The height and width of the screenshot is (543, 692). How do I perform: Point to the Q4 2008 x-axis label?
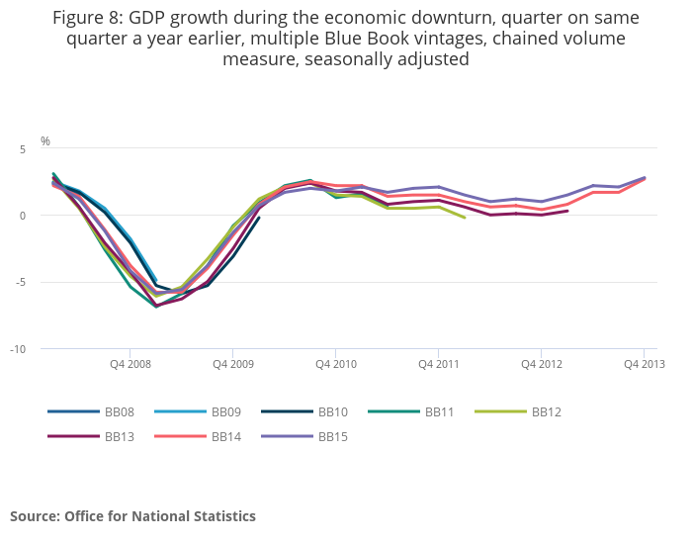tap(130, 364)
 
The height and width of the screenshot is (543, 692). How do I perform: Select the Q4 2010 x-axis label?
tap(335, 364)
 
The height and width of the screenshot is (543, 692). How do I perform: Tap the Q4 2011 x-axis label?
tap(438, 364)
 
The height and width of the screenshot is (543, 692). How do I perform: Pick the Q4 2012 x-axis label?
tap(541, 364)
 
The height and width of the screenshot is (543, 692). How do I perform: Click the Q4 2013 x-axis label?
tap(644, 364)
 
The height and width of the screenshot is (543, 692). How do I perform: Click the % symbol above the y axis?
tap(45, 141)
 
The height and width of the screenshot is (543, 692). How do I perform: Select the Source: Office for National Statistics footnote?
tap(132, 516)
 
